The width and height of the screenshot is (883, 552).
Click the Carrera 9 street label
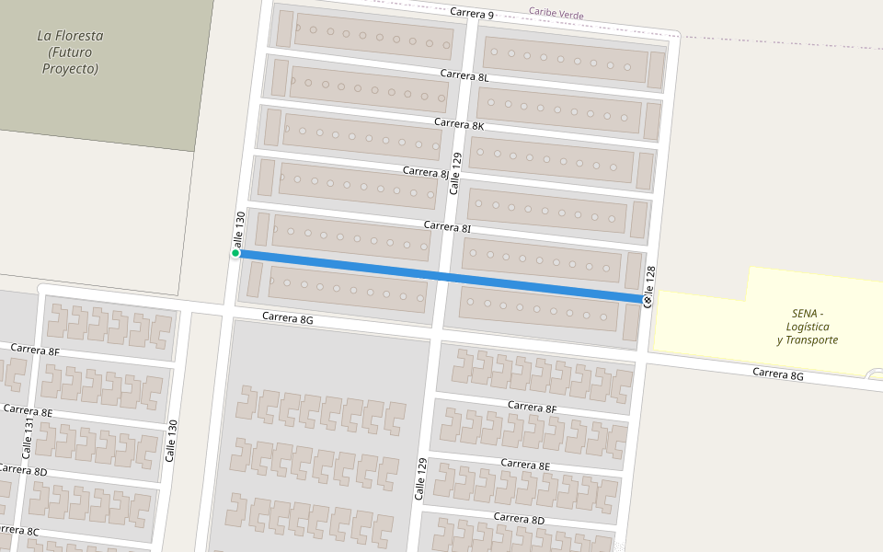472,14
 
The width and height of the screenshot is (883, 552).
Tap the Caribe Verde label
556,14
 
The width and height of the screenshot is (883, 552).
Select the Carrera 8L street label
464,76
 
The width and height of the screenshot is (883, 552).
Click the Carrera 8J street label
426,172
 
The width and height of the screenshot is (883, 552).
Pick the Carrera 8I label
447,226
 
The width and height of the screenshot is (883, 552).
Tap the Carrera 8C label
18,531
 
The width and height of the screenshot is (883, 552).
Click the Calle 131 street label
29,438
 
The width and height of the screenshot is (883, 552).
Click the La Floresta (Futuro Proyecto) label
70,52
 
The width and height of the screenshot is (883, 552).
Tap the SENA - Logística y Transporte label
807,327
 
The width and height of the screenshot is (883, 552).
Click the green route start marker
235,253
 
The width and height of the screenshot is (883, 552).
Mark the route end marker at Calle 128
648,300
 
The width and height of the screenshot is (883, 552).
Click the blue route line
441,276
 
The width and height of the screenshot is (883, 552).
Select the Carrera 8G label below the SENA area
778,374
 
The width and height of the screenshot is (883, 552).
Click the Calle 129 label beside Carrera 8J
455,173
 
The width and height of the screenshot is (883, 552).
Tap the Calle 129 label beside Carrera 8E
422,479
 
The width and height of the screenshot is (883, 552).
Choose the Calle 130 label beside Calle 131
170,441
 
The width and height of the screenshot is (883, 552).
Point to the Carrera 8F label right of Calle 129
532,407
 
